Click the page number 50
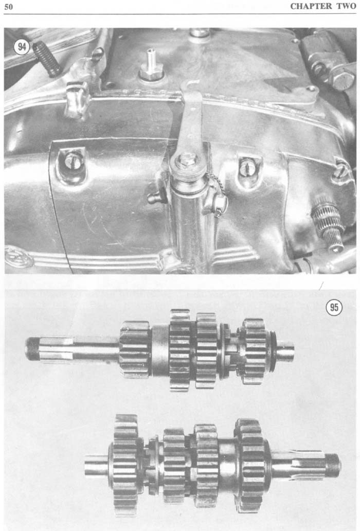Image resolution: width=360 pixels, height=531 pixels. click(x=8, y=7)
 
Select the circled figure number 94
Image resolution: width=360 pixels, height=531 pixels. click(x=22, y=47)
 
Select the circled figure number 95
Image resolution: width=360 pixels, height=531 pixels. click(x=334, y=307)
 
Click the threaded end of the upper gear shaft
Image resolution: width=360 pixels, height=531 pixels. click(x=31, y=348)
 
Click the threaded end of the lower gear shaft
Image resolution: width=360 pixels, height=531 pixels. click(x=333, y=466)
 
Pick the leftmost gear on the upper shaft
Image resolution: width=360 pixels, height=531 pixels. click(x=135, y=349)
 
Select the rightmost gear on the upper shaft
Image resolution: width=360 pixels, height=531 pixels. click(x=254, y=351)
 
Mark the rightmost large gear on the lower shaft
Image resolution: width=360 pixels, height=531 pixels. click(x=249, y=465)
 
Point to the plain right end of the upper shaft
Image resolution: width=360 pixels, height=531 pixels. click(x=285, y=351)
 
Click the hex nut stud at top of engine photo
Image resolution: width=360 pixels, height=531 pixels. click(x=151, y=66)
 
